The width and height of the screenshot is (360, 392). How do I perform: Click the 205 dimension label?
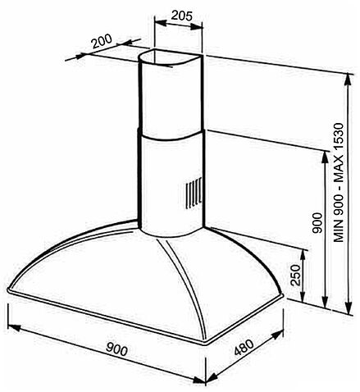(182, 16)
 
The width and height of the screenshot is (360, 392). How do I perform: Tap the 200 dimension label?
(102, 41)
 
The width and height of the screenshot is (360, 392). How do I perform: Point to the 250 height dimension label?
(296, 275)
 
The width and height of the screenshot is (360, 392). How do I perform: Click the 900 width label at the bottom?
(116, 349)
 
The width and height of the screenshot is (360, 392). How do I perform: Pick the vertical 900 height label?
(317, 223)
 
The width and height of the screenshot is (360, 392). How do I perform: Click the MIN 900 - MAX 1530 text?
(339, 183)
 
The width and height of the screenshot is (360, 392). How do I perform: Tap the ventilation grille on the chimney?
(194, 194)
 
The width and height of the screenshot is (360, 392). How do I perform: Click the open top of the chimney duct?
(171, 58)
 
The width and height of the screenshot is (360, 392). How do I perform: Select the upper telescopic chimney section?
(171, 93)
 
